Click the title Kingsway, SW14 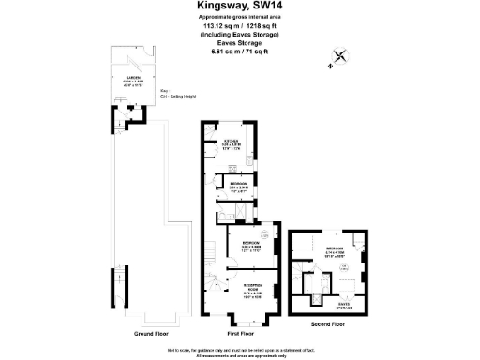(239, 8)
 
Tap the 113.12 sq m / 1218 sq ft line (239, 27)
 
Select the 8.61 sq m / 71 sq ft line (239, 52)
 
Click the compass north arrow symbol (339, 58)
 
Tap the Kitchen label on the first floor (232, 143)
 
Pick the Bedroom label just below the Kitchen (238, 185)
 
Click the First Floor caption (241, 333)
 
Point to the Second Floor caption (327, 324)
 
